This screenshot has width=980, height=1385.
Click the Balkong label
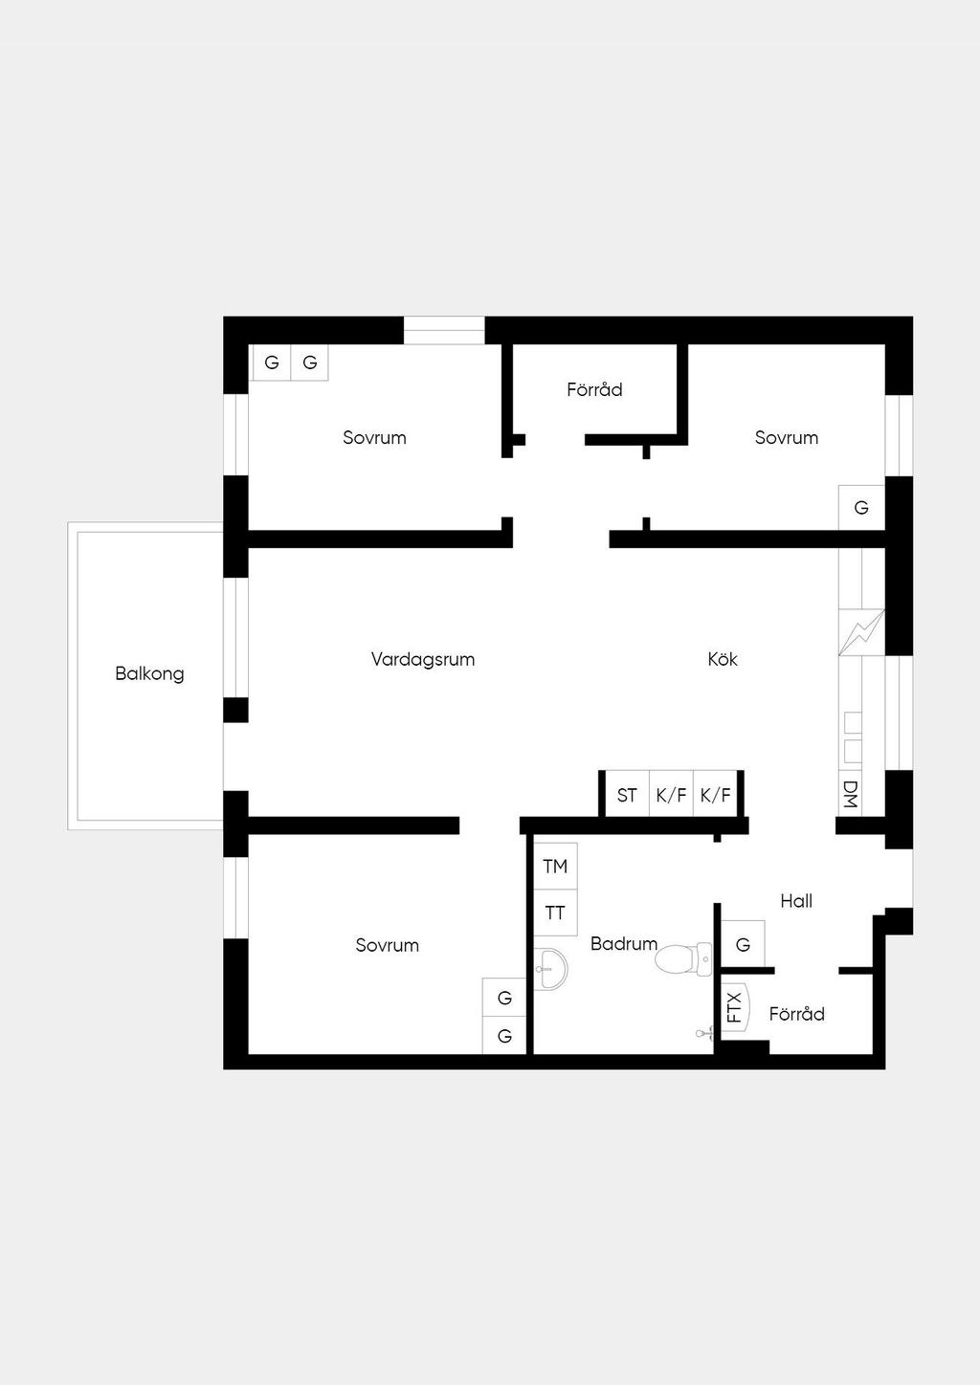(x=149, y=673)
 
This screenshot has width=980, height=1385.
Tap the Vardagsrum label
(x=423, y=659)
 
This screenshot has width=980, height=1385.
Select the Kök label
(x=723, y=659)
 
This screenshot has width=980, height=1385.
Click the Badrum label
(x=624, y=943)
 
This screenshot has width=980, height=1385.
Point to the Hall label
(x=796, y=901)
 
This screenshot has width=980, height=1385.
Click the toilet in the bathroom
(x=683, y=959)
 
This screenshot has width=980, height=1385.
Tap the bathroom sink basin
(x=550, y=969)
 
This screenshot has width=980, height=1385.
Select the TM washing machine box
(x=556, y=867)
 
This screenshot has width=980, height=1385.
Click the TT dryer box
(x=556, y=912)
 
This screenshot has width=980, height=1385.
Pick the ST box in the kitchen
(x=627, y=795)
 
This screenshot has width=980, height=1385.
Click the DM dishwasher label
(x=850, y=794)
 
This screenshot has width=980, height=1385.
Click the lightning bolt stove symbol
(x=862, y=632)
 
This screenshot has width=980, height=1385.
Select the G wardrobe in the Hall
(x=743, y=944)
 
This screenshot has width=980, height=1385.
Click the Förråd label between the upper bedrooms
(x=594, y=389)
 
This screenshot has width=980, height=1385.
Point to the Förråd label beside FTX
(x=797, y=1014)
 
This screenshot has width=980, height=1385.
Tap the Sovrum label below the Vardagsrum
(x=388, y=945)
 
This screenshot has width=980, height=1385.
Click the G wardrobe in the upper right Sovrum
(x=862, y=508)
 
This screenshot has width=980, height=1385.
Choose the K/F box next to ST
(x=671, y=795)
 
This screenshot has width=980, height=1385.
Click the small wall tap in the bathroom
(x=704, y=1033)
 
